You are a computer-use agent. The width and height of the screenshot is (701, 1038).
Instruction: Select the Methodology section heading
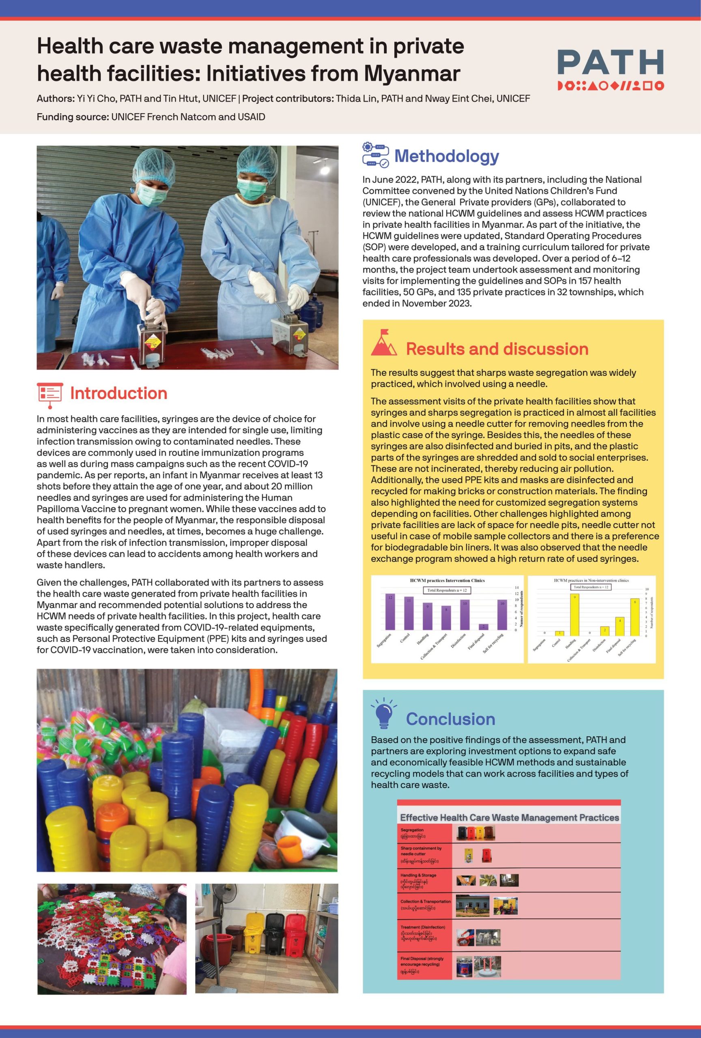tap(446, 156)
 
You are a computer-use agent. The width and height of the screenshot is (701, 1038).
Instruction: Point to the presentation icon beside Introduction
tap(49, 395)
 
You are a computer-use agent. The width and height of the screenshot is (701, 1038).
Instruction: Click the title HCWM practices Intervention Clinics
tap(447, 580)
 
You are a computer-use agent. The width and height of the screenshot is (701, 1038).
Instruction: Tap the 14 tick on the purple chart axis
tap(516, 588)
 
